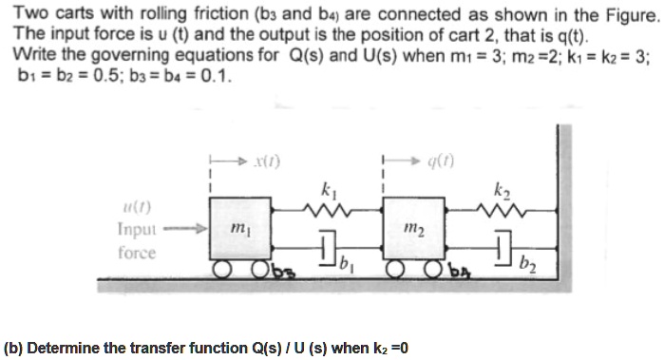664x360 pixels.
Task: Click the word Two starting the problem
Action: tap(31, 15)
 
